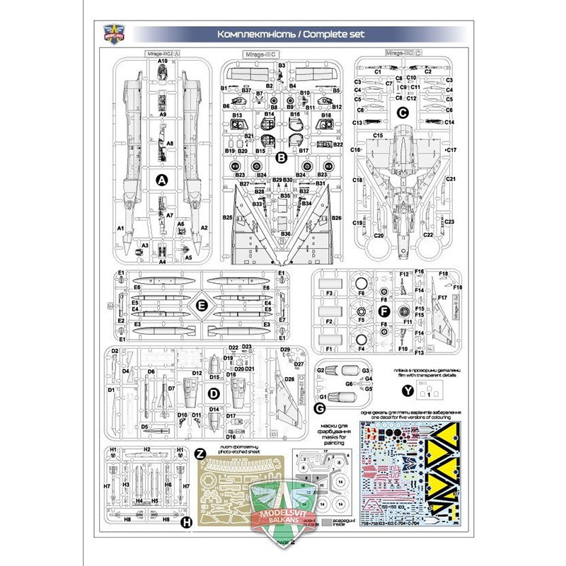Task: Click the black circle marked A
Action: pyautogui.click(x=161, y=181)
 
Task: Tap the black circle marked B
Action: pyautogui.click(x=280, y=158)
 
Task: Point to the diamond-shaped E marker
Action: pyautogui.click(x=202, y=306)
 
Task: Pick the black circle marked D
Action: pyautogui.click(x=215, y=393)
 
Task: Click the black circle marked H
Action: pyautogui.click(x=186, y=523)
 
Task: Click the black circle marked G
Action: pyautogui.click(x=319, y=409)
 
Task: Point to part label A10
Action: pyautogui.click(x=162, y=62)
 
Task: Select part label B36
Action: pyautogui.click(x=285, y=233)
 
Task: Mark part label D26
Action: pyautogui.click(x=288, y=379)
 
